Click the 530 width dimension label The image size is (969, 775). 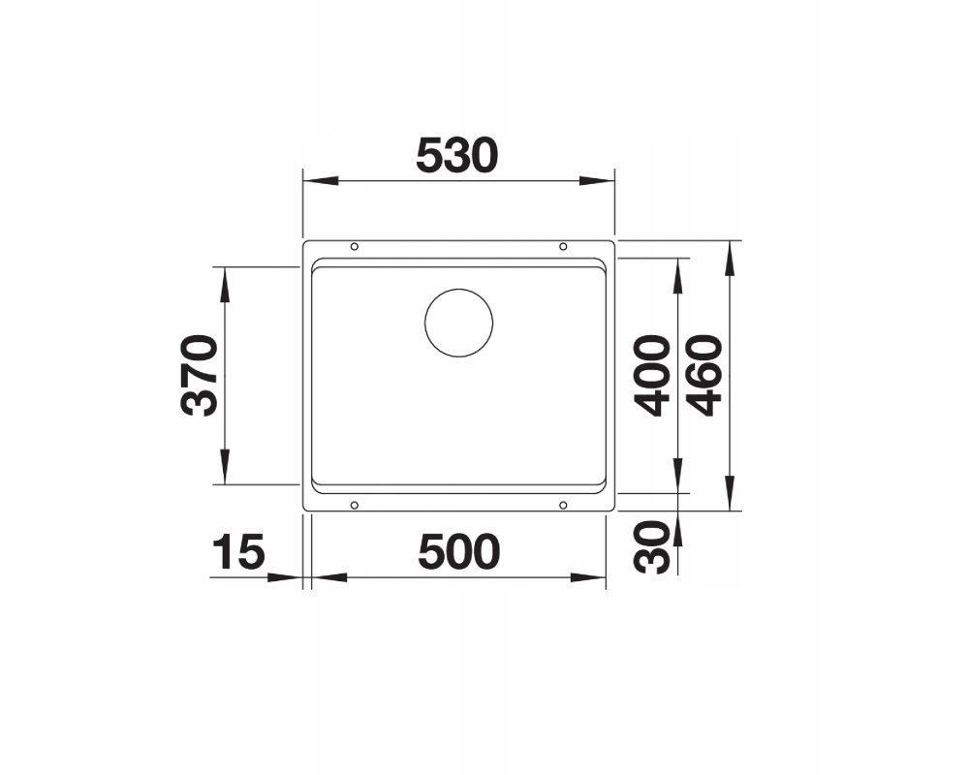coord(456,156)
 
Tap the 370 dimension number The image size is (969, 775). coord(199,375)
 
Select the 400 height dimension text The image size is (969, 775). coord(652,375)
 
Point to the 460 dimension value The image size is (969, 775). coord(705,375)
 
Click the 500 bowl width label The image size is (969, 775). coord(458,552)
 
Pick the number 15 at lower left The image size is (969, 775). coord(238,552)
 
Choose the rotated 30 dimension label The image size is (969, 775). coord(652,546)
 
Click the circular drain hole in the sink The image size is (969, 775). coord(458,322)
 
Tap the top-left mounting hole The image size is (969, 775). coord(354,247)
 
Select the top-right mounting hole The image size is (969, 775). coord(563,247)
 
